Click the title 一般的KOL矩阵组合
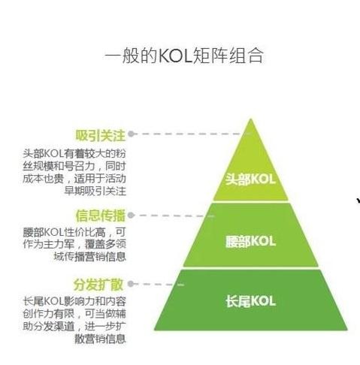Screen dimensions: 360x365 click(184, 56)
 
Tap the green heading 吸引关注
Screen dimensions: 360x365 click(100, 135)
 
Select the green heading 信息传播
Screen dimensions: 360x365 click(100, 216)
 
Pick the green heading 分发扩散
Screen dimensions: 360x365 click(98, 285)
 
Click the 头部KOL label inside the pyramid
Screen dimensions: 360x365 click(250, 179)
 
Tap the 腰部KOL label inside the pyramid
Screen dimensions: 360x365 click(250, 242)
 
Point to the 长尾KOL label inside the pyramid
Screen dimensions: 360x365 click(250, 301)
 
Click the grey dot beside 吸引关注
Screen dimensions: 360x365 click(132, 134)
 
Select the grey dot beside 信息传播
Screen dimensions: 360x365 click(131, 215)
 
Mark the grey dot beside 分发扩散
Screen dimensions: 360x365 click(131, 284)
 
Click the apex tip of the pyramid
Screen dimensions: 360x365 click(250, 119)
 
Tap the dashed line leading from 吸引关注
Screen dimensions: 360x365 click(189, 134)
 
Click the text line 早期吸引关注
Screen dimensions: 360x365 click(95, 192)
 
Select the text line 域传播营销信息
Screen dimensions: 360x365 click(90, 257)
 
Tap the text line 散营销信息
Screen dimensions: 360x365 click(100, 339)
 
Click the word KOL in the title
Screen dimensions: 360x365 click(175, 56)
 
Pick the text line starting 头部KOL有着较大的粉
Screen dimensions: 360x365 click(74, 153)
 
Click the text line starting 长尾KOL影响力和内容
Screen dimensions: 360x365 click(74, 301)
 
